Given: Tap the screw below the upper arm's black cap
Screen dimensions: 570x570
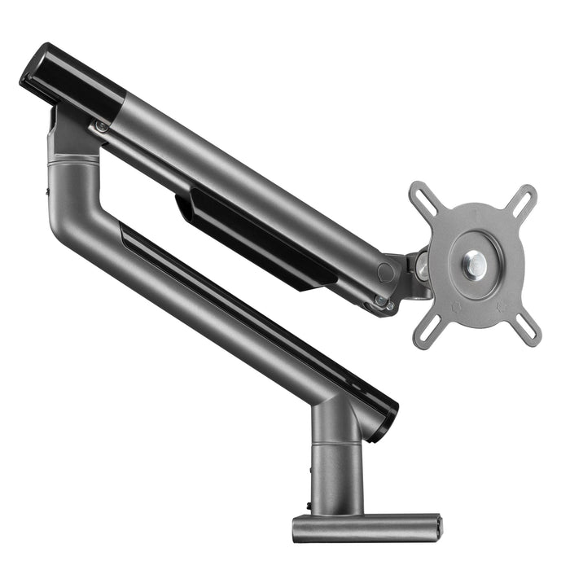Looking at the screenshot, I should (x=101, y=126).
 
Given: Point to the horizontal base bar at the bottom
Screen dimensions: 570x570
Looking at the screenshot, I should (x=366, y=528).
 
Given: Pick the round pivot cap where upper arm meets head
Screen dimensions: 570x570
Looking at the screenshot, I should (x=386, y=272).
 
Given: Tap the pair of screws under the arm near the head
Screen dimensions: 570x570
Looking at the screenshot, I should (x=382, y=304).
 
